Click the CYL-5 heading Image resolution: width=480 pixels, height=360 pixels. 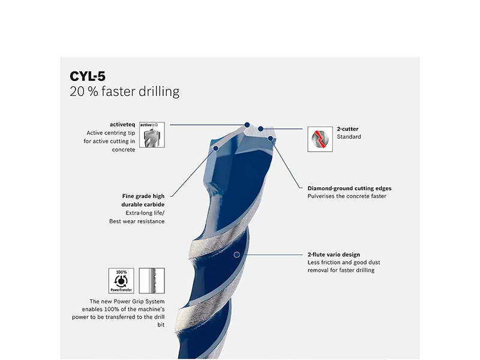(x=88, y=76)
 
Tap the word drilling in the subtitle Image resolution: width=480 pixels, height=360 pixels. (x=159, y=92)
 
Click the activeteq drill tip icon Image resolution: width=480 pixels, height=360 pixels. (x=152, y=134)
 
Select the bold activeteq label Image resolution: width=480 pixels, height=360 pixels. (x=122, y=125)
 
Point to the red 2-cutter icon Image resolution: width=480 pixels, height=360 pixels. (x=320, y=139)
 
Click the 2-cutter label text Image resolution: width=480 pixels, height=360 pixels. (x=348, y=129)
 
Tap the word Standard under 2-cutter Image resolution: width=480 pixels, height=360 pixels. (x=349, y=137)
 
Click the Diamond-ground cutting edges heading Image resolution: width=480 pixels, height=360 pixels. (x=350, y=188)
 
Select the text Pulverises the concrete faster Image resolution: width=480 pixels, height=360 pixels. (x=347, y=196)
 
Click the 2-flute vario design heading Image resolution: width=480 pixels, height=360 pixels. (x=334, y=254)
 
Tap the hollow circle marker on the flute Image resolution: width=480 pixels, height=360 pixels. (x=236, y=254)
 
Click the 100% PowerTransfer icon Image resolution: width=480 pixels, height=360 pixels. (x=121, y=281)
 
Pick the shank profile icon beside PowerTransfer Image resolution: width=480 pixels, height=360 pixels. (x=152, y=281)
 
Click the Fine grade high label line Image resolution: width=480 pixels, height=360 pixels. (x=143, y=196)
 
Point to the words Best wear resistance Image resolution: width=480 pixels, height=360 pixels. (x=137, y=221)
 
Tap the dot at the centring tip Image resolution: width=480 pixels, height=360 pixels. (x=247, y=125)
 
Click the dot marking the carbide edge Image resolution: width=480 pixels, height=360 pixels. (x=216, y=148)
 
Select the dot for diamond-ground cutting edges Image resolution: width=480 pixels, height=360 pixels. (x=271, y=139)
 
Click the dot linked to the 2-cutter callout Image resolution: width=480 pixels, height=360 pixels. (x=260, y=129)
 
